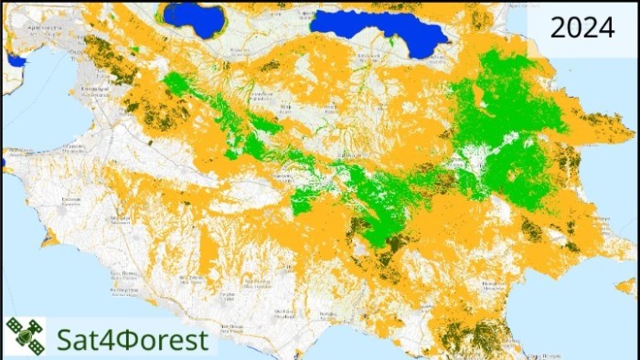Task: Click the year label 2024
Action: [x=581, y=28]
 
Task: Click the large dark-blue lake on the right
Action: [x=378, y=28]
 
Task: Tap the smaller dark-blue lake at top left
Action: [x=194, y=16]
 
